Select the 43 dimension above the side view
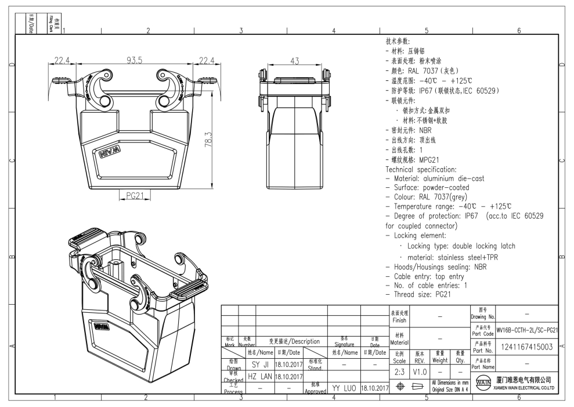click(x=296, y=60)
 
